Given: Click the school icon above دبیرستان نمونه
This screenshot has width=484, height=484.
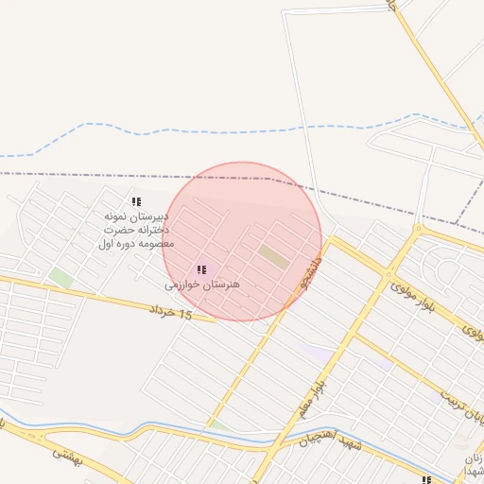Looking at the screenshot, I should (136, 201).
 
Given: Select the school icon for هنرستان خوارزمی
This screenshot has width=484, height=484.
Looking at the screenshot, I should (201, 269).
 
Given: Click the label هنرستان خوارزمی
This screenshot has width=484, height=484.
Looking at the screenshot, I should (202, 284).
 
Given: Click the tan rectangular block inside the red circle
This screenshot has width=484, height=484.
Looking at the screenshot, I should (274, 255).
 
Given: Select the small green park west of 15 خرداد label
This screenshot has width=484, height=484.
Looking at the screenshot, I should (61, 278).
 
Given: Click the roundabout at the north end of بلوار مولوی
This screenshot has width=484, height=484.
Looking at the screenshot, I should (390, 276).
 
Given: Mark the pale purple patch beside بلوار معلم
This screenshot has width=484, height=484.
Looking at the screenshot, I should (317, 353).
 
